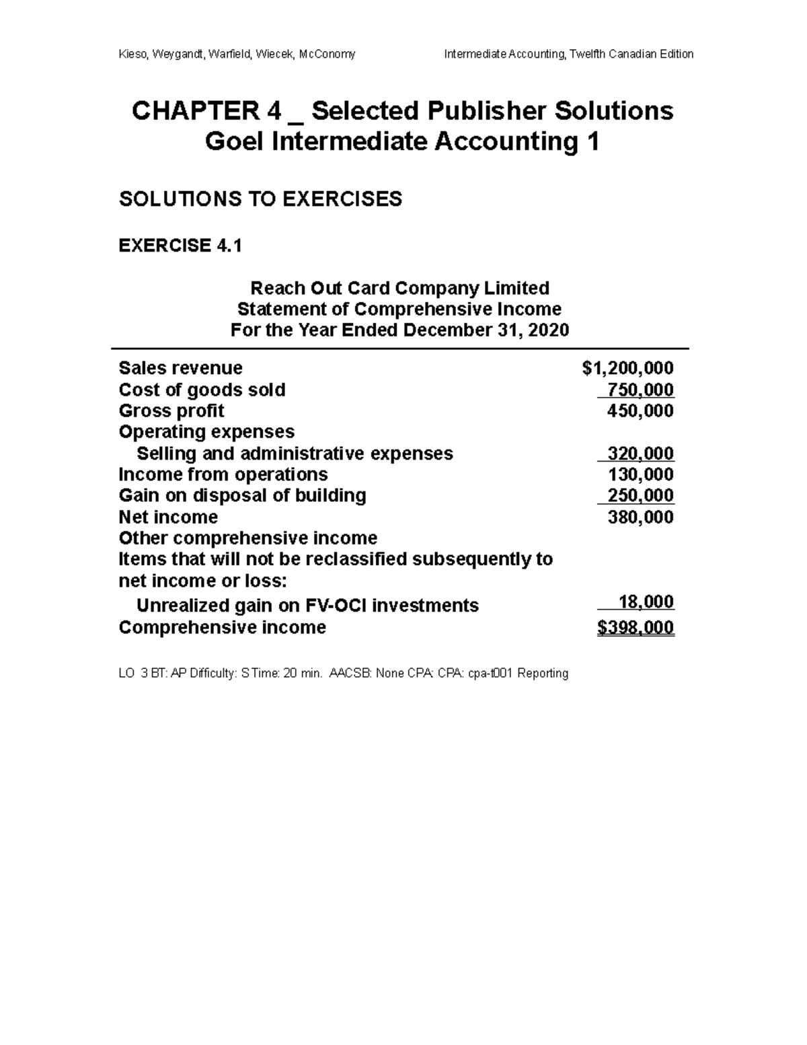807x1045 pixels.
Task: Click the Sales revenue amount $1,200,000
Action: (x=627, y=368)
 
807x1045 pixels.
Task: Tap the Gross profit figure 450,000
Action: (x=640, y=411)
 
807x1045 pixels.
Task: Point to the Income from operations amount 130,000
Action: (x=640, y=474)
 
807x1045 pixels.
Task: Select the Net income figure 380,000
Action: (x=640, y=517)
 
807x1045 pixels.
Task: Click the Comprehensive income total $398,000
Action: (x=636, y=628)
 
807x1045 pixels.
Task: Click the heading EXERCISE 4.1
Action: (x=180, y=246)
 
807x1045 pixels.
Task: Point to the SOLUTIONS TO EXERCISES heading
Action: (x=260, y=199)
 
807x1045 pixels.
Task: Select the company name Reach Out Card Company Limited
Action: (x=399, y=288)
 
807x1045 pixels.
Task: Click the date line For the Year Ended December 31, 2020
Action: (x=399, y=330)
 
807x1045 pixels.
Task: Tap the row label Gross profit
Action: (x=171, y=411)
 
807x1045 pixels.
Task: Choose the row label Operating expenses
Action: (x=206, y=432)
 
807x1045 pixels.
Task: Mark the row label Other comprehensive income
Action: (x=247, y=538)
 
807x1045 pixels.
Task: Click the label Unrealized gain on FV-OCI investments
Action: (x=307, y=606)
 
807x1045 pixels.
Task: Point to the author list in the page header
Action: (x=237, y=54)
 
